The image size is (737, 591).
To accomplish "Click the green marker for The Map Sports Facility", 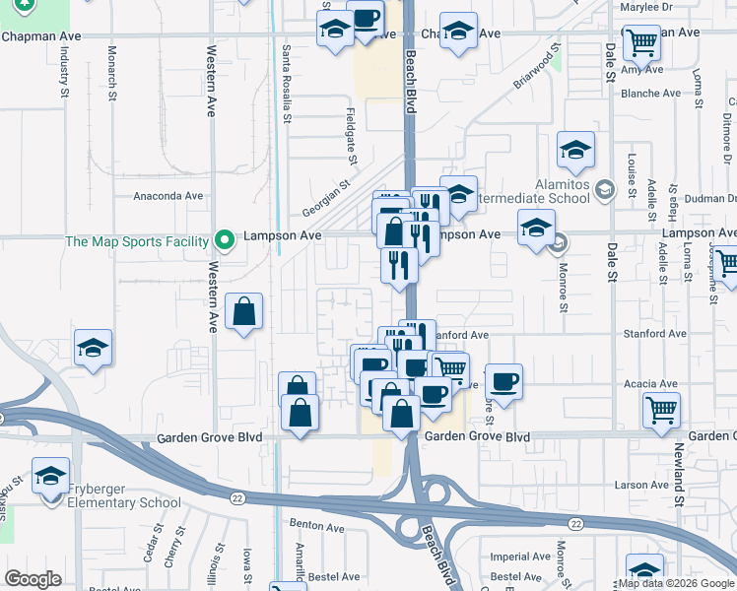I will click(x=225, y=239).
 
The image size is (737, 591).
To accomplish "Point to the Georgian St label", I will click(x=326, y=191).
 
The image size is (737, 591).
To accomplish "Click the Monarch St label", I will click(x=112, y=72).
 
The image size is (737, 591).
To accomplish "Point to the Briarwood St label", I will click(x=536, y=65).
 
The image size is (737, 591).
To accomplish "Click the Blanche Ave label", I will click(x=650, y=94).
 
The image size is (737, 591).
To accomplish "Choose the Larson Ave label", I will click(x=641, y=485).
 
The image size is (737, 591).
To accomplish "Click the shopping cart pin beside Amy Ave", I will click(x=641, y=42).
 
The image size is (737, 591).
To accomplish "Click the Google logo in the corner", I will click(x=33, y=579).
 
